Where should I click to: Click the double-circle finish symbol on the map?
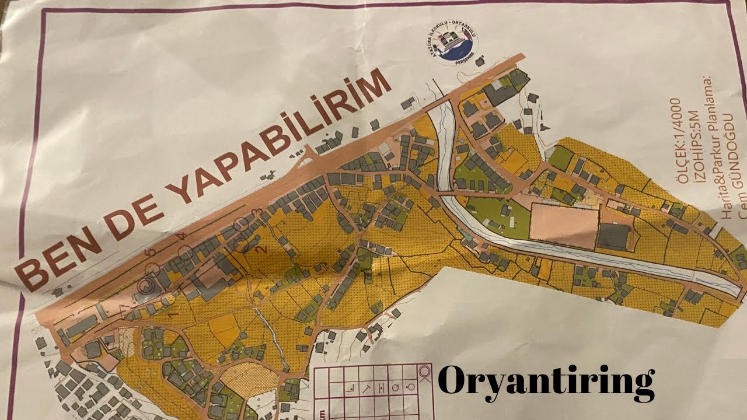[x=145, y=285]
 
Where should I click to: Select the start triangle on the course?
[x=124, y=308]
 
